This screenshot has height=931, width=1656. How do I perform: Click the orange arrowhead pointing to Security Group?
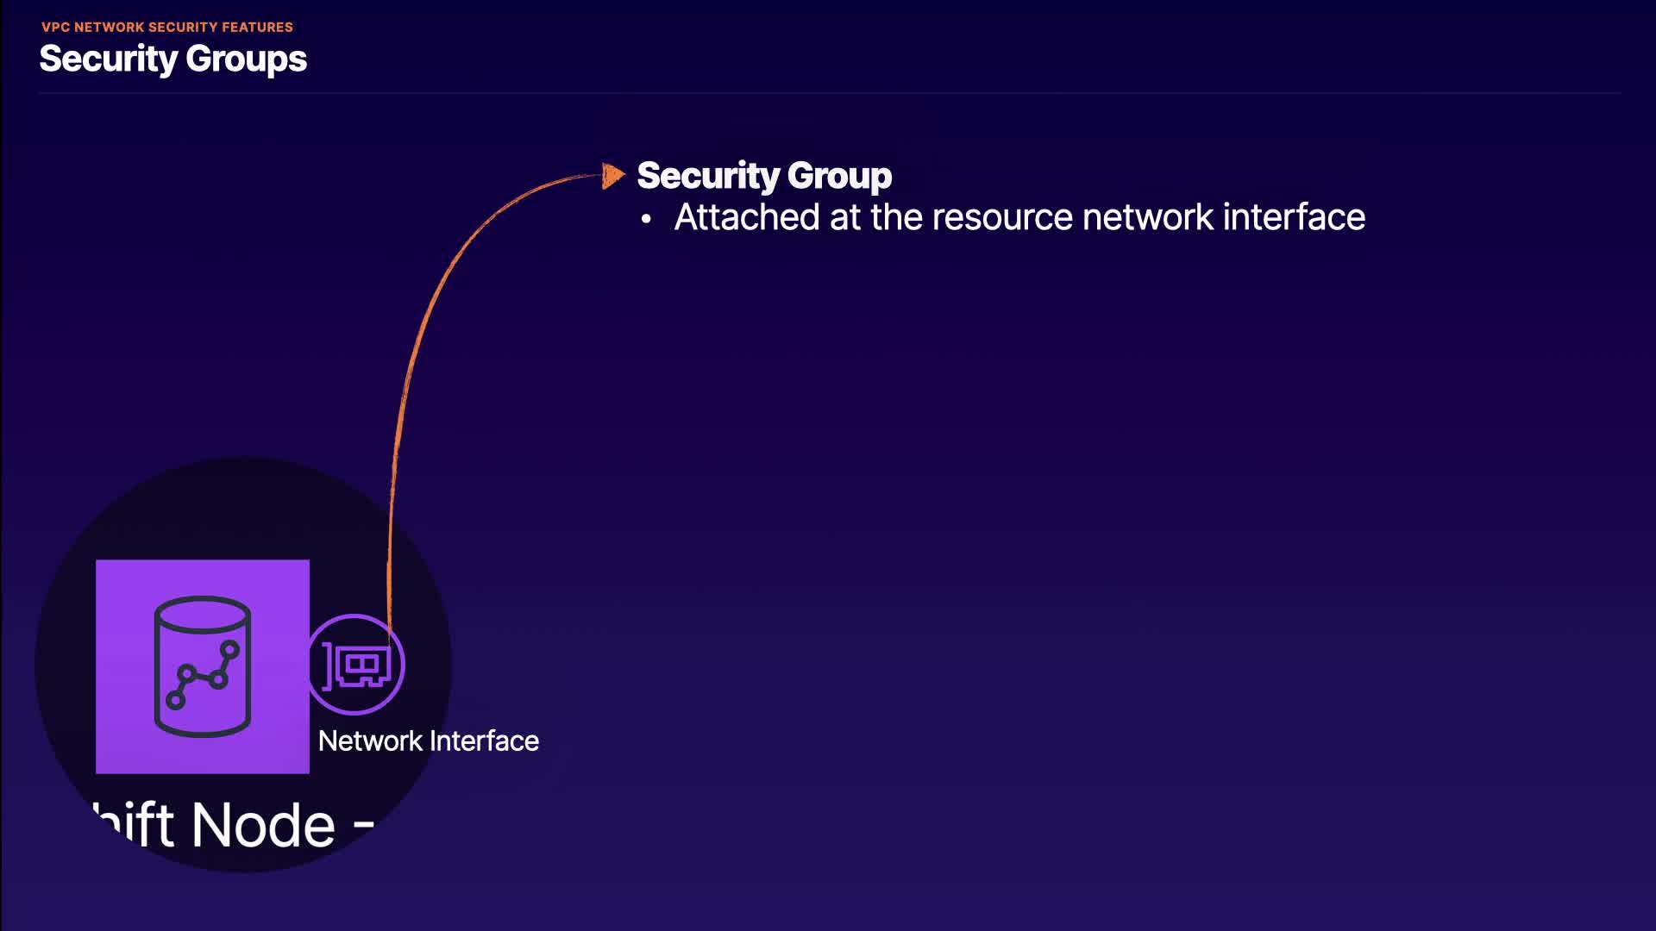[x=612, y=176]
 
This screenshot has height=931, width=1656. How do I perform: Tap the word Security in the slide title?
[x=108, y=59]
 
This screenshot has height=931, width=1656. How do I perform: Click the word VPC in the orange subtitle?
[x=55, y=28]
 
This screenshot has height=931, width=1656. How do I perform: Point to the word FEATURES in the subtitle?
[x=257, y=28]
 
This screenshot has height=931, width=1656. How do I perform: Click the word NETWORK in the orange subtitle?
[x=110, y=28]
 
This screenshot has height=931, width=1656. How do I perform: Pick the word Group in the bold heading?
[x=838, y=176]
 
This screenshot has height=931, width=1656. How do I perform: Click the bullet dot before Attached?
[x=646, y=220]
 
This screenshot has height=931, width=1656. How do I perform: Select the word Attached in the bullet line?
[x=746, y=217]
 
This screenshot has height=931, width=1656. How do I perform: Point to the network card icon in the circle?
[x=356, y=665]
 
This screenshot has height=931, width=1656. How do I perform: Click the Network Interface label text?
[x=428, y=741]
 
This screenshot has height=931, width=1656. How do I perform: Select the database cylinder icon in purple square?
[x=203, y=666]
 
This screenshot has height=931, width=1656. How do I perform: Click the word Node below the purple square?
[x=263, y=826]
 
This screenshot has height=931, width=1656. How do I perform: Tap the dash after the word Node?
[x=364, y=828]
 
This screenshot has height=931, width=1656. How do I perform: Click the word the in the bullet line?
[x=897, y=217]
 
